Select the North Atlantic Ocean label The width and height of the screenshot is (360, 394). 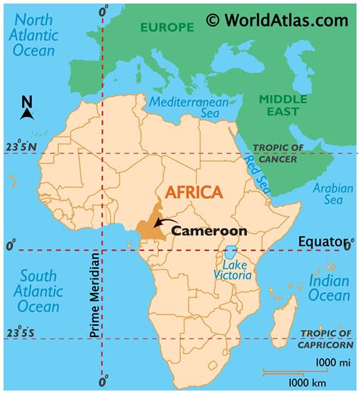(32, 35)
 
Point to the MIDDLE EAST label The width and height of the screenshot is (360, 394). (282, 106)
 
